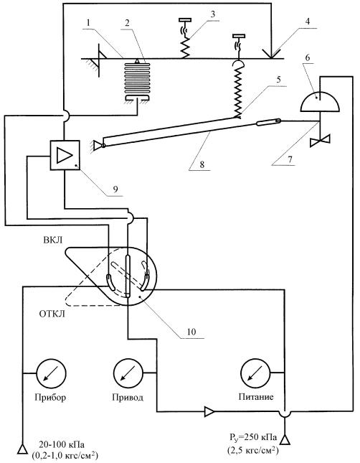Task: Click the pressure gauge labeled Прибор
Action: click(x=51, y=373)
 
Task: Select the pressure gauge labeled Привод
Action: click(x=128, y=373)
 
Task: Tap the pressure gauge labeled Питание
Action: click(x=255, y=373)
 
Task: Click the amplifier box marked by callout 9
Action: click(x=65, y=155)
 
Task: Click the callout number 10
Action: click(x=191, y=332)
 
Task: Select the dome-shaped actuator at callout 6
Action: click(x=320, y=102)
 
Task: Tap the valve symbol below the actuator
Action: click(x=320, y=140)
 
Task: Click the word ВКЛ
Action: click(x=53, y=240)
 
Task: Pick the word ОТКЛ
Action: click(x=52, y=314)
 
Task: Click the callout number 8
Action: click(x=202, y=164)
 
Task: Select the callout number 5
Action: click(x=278, y=80)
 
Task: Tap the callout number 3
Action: click(x=213, y=14)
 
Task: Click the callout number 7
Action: click(x=290, y=159)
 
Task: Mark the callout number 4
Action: click(x=308, y=22)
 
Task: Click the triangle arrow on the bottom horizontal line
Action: click(x=210, y=411)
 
